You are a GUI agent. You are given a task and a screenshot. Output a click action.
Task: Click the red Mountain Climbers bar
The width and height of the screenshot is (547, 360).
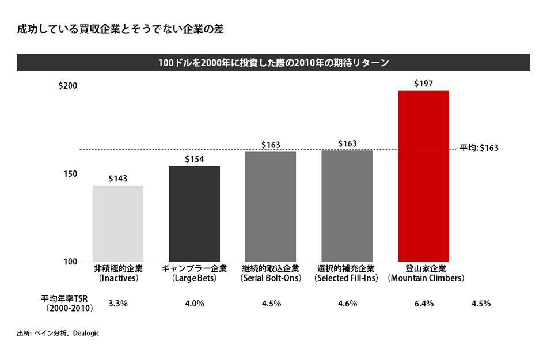423,176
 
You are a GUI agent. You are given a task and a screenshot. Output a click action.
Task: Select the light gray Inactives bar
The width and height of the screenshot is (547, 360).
118,223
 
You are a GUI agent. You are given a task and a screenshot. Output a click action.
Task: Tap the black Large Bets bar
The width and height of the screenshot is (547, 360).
194,214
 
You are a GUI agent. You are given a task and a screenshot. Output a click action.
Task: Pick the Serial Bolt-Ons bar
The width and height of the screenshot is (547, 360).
271,206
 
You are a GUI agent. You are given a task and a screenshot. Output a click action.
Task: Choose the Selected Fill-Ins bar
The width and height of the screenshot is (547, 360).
347,206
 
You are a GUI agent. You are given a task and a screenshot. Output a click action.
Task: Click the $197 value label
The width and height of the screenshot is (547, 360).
423,84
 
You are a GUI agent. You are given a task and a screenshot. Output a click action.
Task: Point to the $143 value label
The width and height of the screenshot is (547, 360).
118,179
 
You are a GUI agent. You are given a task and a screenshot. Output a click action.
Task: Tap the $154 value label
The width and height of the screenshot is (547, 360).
194,159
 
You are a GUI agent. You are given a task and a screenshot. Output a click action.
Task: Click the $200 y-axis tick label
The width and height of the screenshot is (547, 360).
67,86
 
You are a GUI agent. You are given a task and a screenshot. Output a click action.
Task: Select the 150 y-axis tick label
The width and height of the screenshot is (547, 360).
70,174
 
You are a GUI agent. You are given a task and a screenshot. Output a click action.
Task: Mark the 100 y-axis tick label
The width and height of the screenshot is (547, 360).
70,262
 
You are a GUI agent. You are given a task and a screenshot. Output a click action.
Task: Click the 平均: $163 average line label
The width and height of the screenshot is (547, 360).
479,148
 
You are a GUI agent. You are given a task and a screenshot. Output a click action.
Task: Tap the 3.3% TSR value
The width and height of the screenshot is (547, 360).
118,304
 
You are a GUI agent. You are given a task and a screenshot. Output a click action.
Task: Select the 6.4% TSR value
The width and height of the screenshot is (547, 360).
423,304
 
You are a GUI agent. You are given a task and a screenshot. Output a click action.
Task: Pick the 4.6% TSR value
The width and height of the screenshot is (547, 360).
347,304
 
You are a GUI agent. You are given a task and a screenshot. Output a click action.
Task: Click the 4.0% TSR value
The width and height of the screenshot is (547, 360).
194,304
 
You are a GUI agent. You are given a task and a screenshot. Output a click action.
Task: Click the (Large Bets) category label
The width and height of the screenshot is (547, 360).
194,278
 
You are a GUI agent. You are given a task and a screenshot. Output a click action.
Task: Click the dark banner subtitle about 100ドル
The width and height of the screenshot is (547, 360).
273,62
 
